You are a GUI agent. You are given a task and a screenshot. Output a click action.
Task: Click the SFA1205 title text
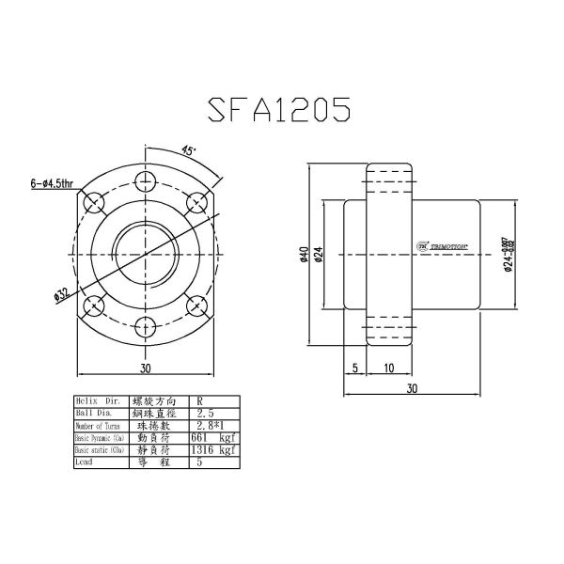click(x=279, y=108)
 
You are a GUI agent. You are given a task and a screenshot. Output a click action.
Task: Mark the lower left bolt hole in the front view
click(x=92, y=305)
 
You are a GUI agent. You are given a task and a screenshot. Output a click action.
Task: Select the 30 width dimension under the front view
click(x=144, y=369)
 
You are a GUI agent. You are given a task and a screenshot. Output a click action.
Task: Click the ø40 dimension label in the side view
click(x=303, y=255)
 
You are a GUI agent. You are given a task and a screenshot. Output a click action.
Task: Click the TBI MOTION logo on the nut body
click(x=442, y=245)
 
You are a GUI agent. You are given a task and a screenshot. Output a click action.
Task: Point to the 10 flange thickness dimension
click(x=388, y=368)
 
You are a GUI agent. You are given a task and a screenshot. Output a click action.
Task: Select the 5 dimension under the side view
click(x=355, y=368)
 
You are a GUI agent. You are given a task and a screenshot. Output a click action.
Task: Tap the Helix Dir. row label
click(x=97, y=400)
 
